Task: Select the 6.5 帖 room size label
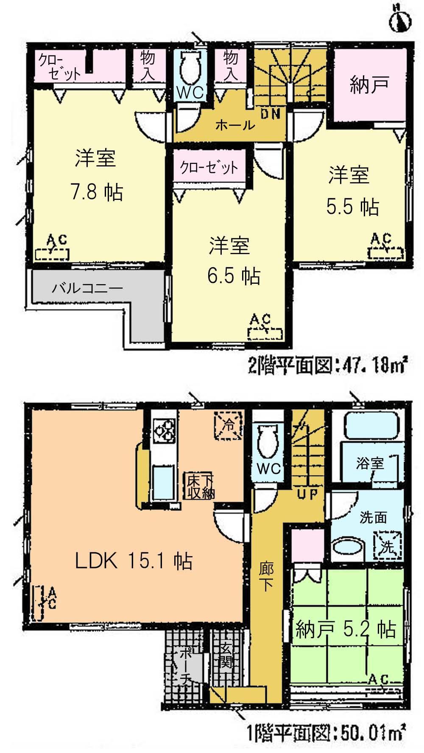coord(234,276)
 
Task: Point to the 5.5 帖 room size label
coord(352,207)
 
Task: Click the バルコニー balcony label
coord(87,289)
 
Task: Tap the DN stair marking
coord(271,114)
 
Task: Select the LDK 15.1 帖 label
coord(134,562)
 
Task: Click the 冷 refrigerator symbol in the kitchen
coord(229,426)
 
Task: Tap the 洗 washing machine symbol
coord(386,547)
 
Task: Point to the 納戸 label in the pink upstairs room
coord(369,85)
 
